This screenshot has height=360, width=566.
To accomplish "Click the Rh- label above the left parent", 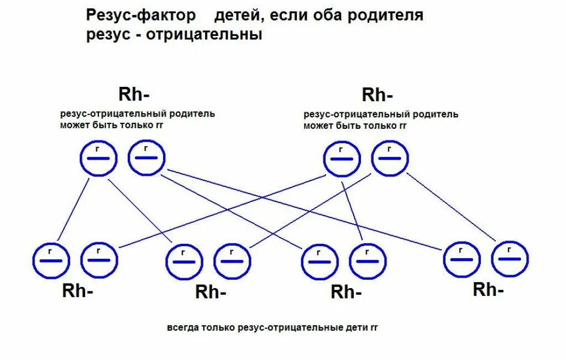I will click(x=134, y=94).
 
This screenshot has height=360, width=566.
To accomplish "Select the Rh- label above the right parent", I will click(x=378, y=95).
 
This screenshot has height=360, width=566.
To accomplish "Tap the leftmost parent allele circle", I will click(x=98, y=159).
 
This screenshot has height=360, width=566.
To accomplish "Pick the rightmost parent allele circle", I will click(x=390, y=158).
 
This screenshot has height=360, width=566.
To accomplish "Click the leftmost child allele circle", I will click(x=51, y=259).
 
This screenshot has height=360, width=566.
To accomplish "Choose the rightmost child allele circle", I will click(x=510, y=258).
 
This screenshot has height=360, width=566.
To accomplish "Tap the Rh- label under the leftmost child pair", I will click(x=77, y=291).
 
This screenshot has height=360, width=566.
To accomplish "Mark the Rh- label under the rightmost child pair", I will click(x=488, y=289).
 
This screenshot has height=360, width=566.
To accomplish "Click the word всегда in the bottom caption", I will click(x=180, y=328).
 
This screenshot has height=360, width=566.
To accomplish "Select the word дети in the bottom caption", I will click(x=357, y=328).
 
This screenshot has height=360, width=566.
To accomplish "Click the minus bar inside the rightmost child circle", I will click(x=510, y=259).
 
